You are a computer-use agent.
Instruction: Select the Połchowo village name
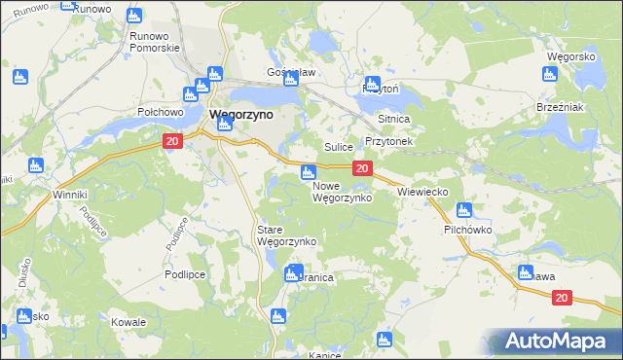(161, 112)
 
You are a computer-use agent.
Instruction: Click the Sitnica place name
(395, 119)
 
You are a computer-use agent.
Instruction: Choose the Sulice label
(338, 147)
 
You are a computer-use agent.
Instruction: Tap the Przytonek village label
(389, 141)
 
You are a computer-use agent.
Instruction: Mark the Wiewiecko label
(422, 193)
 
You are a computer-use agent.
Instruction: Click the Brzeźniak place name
(560, 107)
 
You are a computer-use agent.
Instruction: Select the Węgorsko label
(571, 57)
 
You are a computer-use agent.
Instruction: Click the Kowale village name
(128, 322)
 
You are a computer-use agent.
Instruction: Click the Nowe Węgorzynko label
(342, 192)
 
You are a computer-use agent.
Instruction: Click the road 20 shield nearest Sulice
(361, 169)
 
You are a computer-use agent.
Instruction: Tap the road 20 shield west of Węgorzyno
(172, 142)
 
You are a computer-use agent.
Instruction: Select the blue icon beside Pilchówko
(463, 210)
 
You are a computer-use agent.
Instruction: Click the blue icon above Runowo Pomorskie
(134, 16)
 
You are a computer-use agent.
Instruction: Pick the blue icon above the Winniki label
(36, 165)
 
